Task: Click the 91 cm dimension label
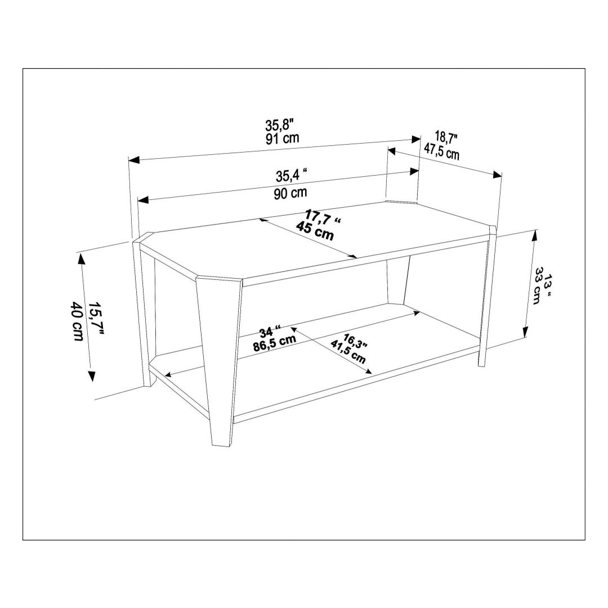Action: coord(282,138)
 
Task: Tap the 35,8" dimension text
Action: coord(280,125)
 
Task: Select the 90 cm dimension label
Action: coord(290,193)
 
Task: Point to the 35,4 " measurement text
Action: coord(292,176)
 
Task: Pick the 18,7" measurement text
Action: coord(446,137)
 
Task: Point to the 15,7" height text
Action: coord(97,318)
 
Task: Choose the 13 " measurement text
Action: coord(548,285)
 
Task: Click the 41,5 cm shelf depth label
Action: coord(347,352)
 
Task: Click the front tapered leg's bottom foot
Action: coord(222,445)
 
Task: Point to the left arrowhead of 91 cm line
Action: coord(134,159)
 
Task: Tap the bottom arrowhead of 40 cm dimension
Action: coord(92,376)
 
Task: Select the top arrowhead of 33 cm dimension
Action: coord(535,235)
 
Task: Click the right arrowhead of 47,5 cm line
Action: coord(497,175)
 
